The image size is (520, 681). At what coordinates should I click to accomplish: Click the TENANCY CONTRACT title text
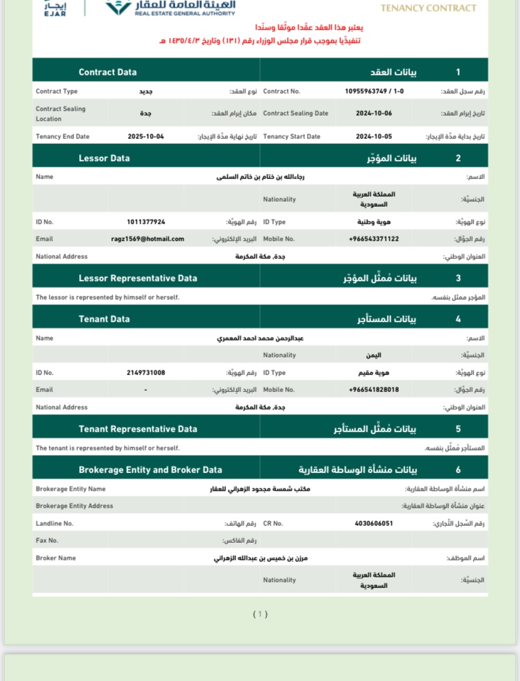[428, 8]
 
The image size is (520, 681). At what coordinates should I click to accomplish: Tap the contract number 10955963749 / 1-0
[374, 91]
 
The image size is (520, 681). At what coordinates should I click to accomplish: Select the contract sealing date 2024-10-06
[374, 113]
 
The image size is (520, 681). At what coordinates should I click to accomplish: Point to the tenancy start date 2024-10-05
[374, 136]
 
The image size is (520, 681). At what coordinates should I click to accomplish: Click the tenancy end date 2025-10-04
[146, 136]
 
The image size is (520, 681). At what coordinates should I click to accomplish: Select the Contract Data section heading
[107, 72]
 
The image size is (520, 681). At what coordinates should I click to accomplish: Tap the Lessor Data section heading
[104, 158]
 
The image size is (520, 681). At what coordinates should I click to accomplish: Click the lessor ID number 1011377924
[146, 222]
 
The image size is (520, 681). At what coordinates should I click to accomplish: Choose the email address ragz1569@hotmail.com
[148, 239]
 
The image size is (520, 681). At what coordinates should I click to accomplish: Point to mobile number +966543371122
[374, 239]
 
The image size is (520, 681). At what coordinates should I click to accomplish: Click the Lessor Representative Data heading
[138, 278]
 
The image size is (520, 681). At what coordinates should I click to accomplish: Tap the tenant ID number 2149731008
[146, 373]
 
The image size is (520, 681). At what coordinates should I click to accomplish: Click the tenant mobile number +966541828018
[374, 390]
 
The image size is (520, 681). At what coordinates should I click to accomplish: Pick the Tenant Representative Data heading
[138, 429]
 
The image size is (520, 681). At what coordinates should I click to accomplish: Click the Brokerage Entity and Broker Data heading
[150, 470]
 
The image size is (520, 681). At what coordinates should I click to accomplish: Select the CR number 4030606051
[374, 523]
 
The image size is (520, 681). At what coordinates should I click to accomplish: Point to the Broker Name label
[56, 558]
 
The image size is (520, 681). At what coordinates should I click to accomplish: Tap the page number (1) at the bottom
[260, 614]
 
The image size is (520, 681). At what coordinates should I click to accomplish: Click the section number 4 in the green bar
[458, 319]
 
